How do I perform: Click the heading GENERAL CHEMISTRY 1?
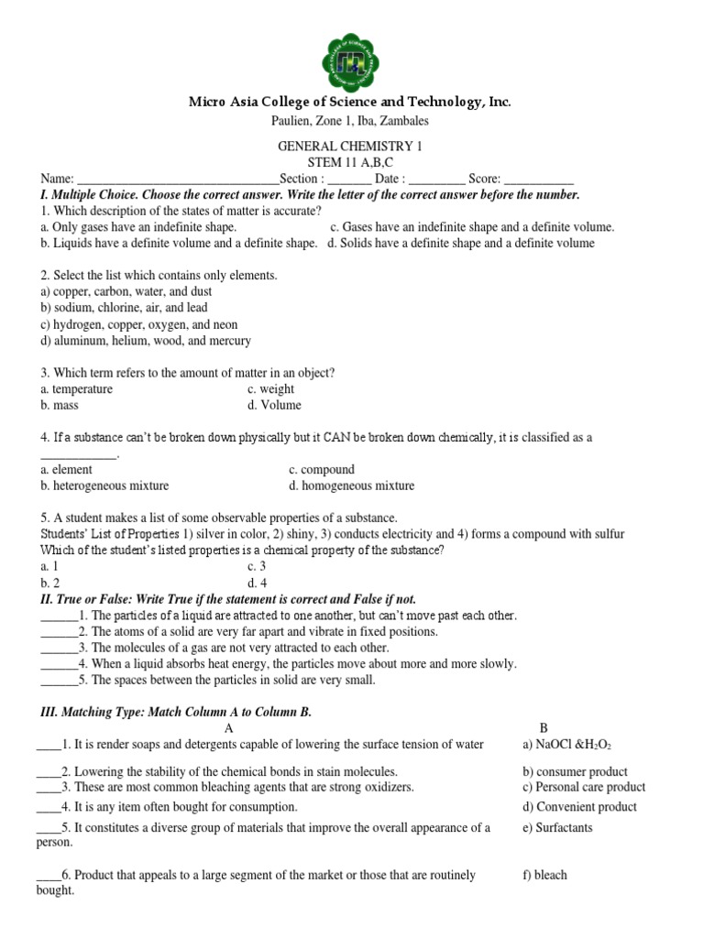350,147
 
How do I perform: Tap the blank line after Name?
177,180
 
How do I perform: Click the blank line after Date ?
435,180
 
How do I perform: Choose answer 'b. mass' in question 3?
60,405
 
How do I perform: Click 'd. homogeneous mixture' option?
351,485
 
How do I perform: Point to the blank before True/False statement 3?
59,649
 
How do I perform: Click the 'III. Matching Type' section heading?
176,712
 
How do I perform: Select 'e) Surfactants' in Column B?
557,827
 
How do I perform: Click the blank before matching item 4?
48,807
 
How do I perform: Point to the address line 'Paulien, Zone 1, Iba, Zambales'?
350,121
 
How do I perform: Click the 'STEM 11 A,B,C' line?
350,163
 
